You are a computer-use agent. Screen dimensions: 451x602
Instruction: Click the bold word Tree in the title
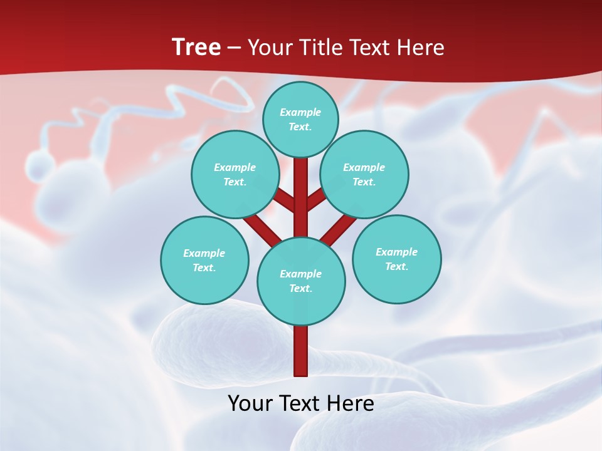[x=196, y=47]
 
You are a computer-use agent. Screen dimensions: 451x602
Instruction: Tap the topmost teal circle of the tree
[x=300, y=119]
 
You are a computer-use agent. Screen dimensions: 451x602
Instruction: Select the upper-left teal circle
[x=235, y=174]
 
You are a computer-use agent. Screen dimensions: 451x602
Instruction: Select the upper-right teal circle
[x=364, y=174]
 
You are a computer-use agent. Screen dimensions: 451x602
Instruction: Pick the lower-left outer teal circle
[x=204, y=260]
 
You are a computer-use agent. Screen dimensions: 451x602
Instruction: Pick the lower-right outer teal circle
[x=397, y=259]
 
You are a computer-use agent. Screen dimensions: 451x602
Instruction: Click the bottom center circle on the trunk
[x=301, y=281]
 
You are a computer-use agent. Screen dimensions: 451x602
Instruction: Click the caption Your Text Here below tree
[x=301, y=403]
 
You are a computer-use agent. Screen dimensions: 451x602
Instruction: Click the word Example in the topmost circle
[x=300, y=112]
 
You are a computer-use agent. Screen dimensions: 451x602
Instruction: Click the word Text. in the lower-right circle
[x=396, y=266]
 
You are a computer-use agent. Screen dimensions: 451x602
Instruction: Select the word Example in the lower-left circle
[x=204, y=253]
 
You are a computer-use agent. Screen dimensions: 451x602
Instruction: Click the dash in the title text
[x=234, y=48]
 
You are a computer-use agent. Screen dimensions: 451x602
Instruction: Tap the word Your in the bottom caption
[x=250, y=403]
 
